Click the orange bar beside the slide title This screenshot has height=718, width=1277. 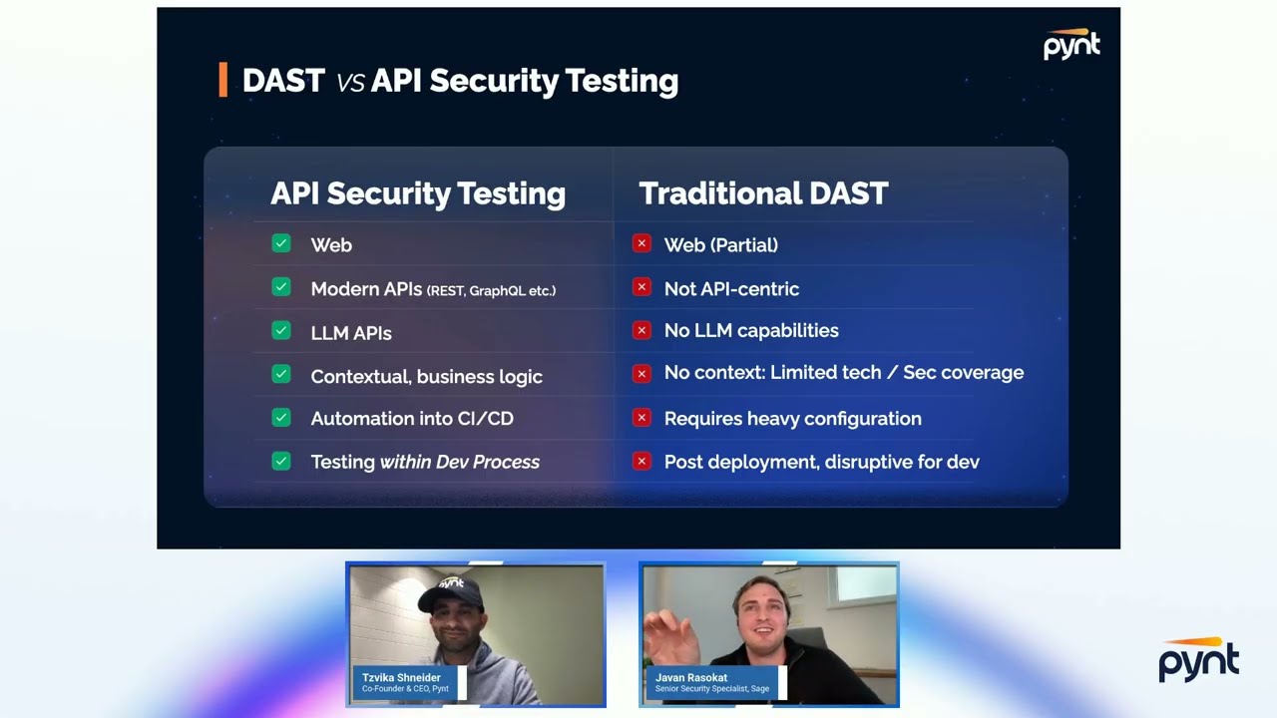[222, 80]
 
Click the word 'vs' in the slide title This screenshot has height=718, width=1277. [350, 82]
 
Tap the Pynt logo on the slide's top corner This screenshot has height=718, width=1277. [1071, 45]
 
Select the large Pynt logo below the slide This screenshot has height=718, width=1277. [1198, 660]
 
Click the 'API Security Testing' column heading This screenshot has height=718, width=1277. [417, 193]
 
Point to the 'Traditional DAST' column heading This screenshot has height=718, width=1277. [763, 193]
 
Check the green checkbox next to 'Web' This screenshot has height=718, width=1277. [281, 243]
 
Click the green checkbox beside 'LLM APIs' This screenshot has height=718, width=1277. [281, 331]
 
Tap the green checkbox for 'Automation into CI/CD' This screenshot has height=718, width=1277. [281, 418]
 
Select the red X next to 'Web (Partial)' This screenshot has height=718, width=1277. [641, 243]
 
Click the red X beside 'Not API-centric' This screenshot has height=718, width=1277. [641, 287]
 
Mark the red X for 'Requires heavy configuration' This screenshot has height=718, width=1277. [641, 418]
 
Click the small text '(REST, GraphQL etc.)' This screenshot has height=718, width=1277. [491, 290]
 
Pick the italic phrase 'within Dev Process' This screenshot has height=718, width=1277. [459, 462]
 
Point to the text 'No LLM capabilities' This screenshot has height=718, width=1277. [751, 330]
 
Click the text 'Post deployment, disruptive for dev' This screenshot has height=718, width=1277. [821, 462]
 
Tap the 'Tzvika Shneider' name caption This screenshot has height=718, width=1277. [401, 678]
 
